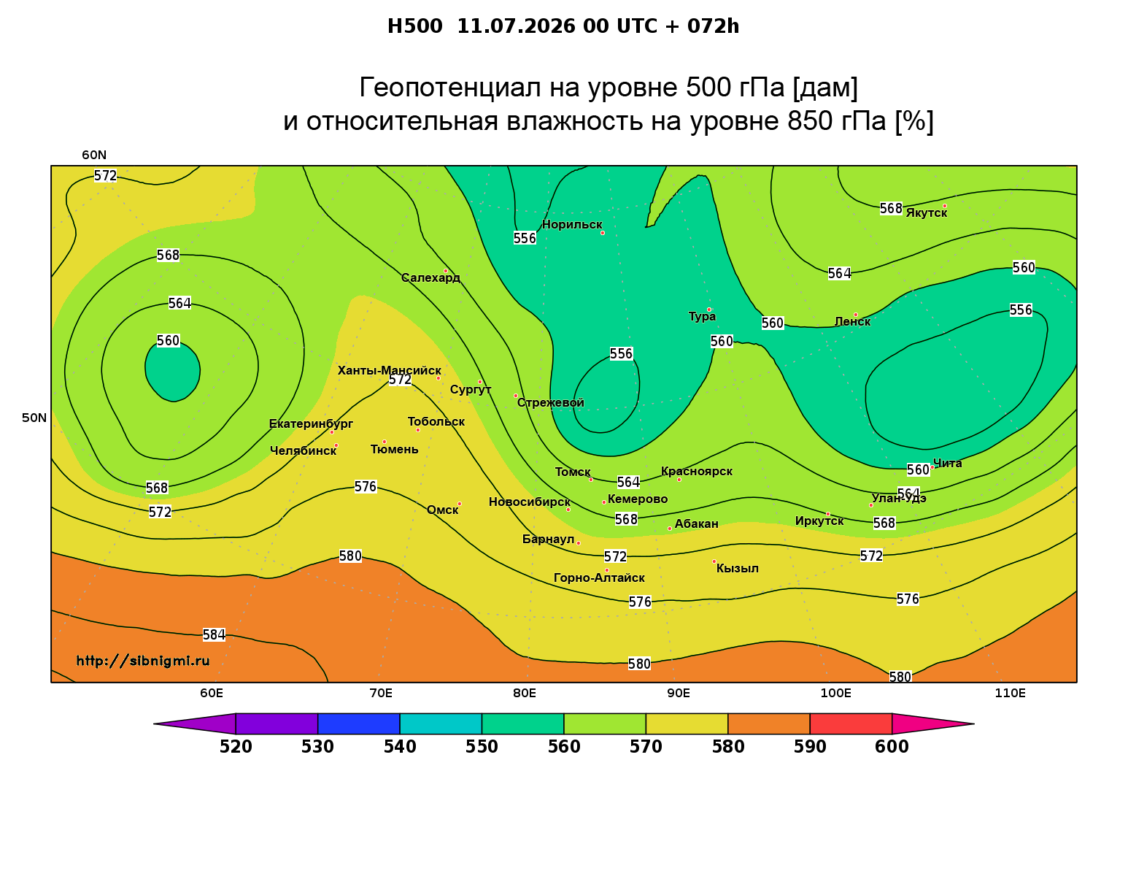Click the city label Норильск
[571, 224]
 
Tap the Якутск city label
[926, 212]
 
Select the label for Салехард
[430, 277]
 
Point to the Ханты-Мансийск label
[390, 370]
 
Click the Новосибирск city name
[530, 502]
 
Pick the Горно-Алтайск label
[599, 578]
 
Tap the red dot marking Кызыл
[714, 561]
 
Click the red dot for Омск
[460, 504]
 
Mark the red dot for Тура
[709, 310]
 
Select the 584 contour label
[214, 634]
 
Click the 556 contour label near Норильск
[525, 238]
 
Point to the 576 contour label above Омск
[366, 486]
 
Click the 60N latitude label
[94, 155]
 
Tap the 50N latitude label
[34, 418]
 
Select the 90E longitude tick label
[679, 693]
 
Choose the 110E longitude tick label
[1010, 693]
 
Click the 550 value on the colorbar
[482, 747]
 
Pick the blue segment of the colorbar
[359, 723]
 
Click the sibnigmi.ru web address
[143, 661]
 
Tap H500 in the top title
[414, 26]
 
